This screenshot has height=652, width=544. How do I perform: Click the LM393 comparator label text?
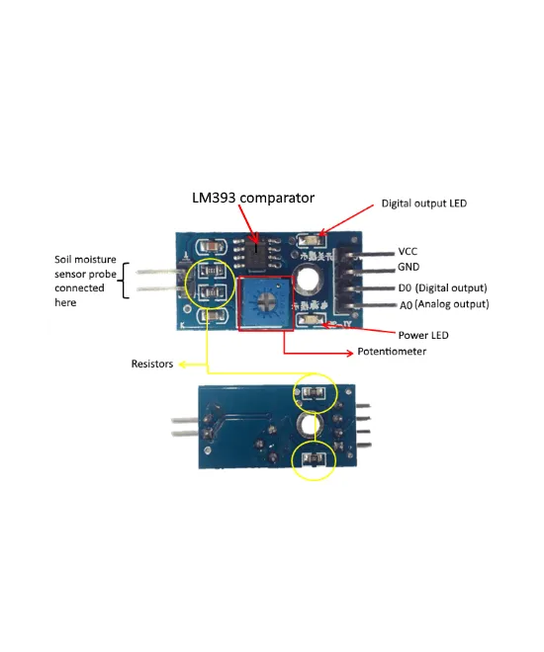(x=253, y=198)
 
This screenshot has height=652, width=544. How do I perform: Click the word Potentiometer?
(x=392, y=352)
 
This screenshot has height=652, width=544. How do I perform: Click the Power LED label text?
(x=422, y=335)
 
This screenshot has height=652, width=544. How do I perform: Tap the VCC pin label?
(x=408, y=251)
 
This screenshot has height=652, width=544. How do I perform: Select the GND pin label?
(x=409, y=267)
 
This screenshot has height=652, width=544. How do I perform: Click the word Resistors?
(x=152, y=365)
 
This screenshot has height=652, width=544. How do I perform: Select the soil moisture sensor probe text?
(x=85, y=281)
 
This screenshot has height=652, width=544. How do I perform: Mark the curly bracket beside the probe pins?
(x=126, y=281)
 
